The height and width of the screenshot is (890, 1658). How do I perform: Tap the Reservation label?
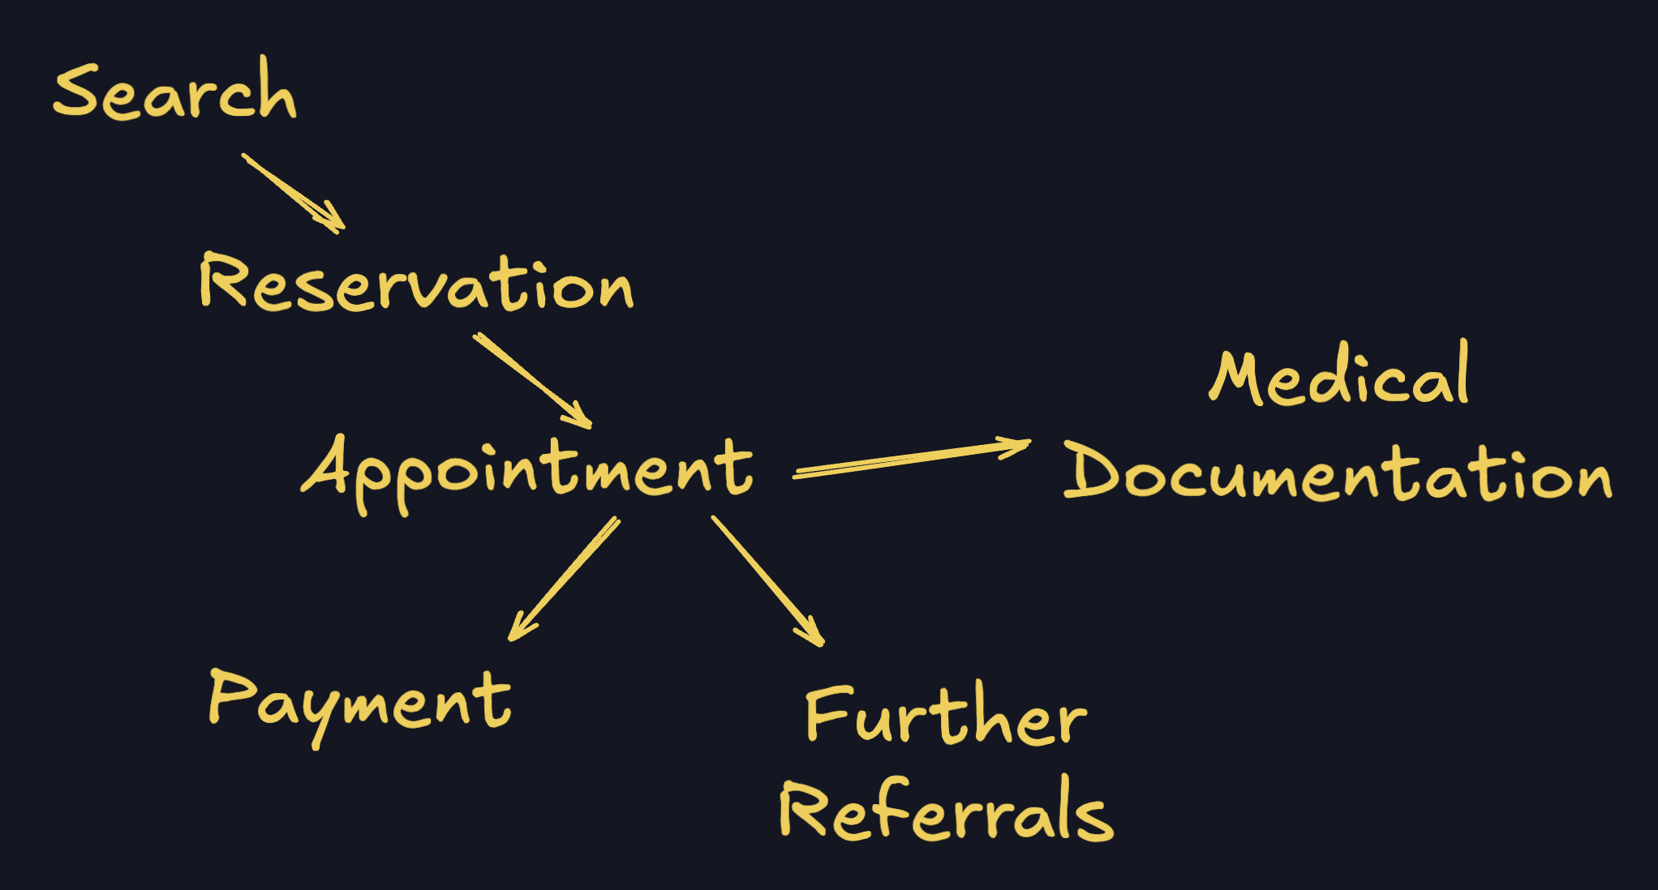pos(415,284)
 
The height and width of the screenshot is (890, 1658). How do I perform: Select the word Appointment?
pos(527,470)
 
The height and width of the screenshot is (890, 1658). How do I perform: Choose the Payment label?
pos(359,702)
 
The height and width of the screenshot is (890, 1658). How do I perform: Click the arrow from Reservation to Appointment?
pos(531,379)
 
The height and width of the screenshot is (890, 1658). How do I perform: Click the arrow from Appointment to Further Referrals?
pos(767,580)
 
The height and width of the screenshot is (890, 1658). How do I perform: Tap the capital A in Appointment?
pos(326,466)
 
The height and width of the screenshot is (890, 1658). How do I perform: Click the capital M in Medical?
pos(1237,379)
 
